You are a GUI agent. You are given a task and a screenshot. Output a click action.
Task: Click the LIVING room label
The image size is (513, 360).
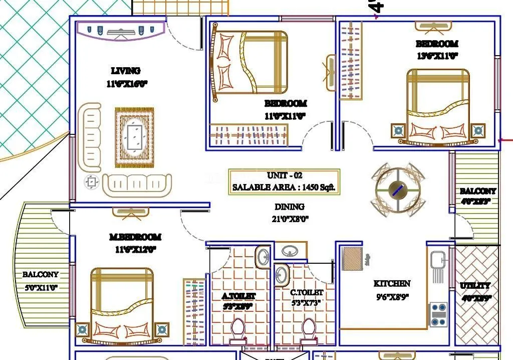pos(125,71)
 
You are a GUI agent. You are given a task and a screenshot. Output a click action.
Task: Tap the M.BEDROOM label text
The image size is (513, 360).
pos(135,237)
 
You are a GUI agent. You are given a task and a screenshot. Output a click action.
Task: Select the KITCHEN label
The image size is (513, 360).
pos(392,284)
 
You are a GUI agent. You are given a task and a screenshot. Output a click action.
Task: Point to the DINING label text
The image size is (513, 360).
pos(289,207)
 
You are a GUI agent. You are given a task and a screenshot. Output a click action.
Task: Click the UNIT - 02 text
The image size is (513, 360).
pos(285,176)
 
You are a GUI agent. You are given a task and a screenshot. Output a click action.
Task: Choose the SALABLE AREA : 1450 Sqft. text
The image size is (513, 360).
pos(284,188)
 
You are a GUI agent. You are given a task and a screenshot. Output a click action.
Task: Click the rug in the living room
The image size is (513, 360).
pos(134,137)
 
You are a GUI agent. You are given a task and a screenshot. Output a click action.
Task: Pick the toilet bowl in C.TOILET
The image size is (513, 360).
pos(308,331)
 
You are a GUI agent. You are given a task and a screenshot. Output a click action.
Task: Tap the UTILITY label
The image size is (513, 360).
pos(475,286)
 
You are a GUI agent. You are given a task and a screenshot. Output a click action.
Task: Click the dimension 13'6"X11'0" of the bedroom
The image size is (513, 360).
pos(437,56)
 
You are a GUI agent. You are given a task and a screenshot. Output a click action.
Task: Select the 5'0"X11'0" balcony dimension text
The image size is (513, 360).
pos(40,287)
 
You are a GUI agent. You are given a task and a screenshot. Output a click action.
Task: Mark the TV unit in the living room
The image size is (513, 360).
pos(120,31)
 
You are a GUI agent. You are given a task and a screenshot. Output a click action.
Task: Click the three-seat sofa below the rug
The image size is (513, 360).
pos(137,185)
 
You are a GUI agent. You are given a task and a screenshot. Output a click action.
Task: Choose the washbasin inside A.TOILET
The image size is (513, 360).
pos(263,257)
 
